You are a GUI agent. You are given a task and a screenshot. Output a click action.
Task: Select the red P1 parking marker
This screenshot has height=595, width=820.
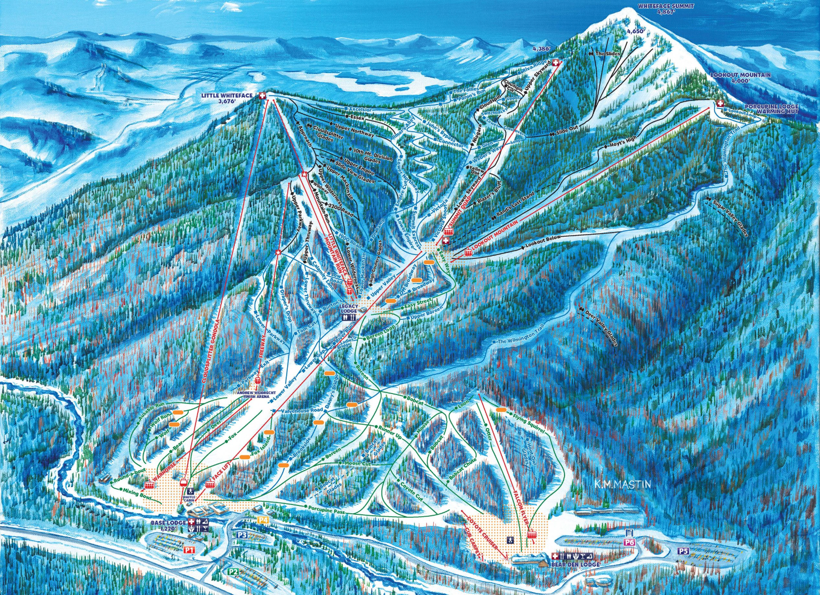coord(189,550)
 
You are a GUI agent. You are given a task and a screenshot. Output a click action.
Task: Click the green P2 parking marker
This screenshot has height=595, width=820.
coord(233,571)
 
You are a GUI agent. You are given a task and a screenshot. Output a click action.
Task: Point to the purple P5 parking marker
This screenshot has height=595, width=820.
coord(683,551)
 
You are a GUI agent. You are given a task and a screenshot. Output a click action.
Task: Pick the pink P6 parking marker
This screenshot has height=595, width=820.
coord(629,543)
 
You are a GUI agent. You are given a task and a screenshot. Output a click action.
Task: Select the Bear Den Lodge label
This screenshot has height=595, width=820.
coord(575,564)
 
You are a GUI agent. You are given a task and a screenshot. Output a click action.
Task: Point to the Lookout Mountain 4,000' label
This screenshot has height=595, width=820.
coord(740,78)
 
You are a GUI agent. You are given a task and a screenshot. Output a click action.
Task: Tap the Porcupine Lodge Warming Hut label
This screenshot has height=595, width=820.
coord(771,109)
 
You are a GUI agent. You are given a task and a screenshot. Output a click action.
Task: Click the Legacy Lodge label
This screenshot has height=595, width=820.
coord(349,308)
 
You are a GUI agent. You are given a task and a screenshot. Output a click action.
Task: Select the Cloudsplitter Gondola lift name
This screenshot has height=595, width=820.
coord(211,351)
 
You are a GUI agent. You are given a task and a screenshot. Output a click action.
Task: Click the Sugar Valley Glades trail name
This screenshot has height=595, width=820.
coord(729,217)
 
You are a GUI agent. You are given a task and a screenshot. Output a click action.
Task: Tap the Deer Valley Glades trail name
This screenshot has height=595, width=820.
coord(601,328)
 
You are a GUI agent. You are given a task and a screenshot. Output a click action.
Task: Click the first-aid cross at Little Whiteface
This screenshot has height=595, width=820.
coord(262,96)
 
